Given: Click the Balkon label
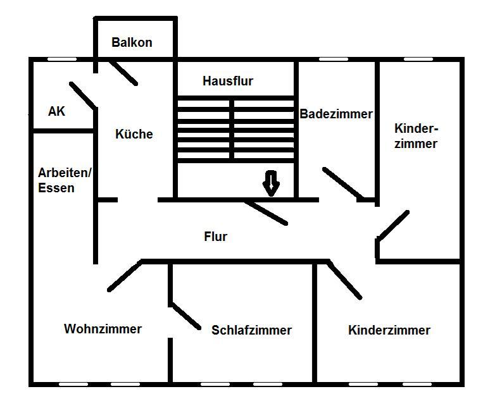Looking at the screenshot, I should (132, 43).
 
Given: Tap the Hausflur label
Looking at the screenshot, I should (228, 81).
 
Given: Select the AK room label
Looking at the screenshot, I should (57, 111).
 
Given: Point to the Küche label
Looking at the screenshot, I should (134, 134).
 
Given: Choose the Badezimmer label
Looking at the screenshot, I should (336, 114).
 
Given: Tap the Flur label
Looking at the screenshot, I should (215, 237).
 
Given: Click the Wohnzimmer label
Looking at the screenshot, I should (103, 329).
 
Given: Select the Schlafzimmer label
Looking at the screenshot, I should (251, 330).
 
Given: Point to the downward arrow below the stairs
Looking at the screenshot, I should (271, 183).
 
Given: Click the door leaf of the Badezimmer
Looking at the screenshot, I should (343, 183).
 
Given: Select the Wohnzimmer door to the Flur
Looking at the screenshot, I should (125, 276).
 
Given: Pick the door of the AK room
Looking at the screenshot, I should (83, 95).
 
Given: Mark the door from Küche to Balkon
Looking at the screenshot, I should (122, 72).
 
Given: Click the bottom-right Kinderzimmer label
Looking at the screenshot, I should (389, 330).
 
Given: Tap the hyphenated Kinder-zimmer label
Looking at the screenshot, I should (416, 136).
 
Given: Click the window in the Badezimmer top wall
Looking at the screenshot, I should (334, 59).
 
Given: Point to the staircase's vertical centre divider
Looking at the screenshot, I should (232, 129).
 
